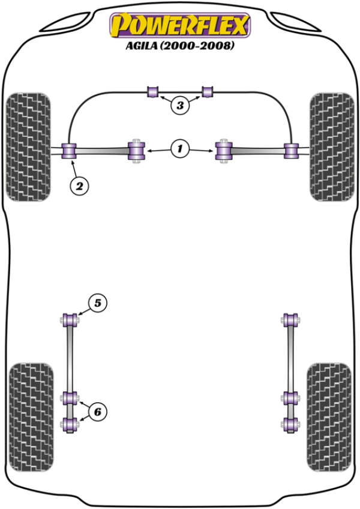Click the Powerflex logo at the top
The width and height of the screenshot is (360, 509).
pos(179,25)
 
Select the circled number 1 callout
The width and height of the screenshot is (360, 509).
pos(179,148)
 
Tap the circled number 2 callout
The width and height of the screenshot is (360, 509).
pos(79,185)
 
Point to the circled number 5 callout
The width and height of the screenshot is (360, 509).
pos(98,303)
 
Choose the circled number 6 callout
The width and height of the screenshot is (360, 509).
pos(98,411)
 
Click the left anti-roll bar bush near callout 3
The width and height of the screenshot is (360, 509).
pos(154,91)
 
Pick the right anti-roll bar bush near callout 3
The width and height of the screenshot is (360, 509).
pos(207,91)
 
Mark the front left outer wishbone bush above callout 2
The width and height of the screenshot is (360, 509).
pos(71,151)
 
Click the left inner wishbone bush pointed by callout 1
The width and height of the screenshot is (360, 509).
pos(137,151)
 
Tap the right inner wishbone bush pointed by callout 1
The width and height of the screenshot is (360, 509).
pos(224,151)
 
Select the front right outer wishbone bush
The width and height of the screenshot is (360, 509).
pos(291,151)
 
